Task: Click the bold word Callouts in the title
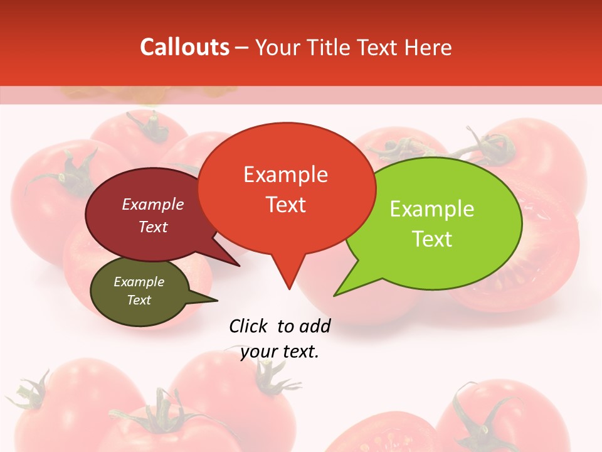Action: click(x=184, y=48)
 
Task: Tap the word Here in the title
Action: click(x=428, y=48)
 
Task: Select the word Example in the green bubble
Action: click(x=432, y=209)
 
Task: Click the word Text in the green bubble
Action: click(x=432, y=239)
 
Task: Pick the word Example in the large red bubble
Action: click(x=285, y=175)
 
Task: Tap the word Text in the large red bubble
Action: click(x=285, y=205)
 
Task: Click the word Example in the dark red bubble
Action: click(x=153, y=205)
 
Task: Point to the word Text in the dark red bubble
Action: click(x=153, y=227)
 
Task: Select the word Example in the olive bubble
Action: click(x=139, y=282)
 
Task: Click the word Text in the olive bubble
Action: click(x=139, y=300)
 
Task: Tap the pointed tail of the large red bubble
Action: click(x=288, y=282)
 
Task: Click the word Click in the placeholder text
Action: click(x=250, y=326)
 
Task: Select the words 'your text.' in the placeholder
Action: click(x=280, y=352)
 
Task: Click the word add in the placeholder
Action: click(x=315, y=326)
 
